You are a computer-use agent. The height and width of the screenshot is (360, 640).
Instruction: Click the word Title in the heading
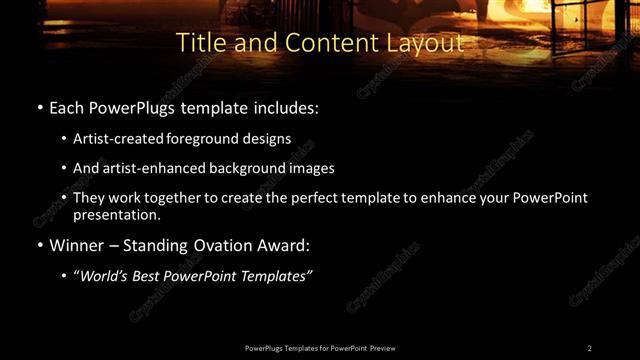200,43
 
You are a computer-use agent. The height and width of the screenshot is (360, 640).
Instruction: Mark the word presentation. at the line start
117,214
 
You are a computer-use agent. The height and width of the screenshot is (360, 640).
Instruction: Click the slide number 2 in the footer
590,347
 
